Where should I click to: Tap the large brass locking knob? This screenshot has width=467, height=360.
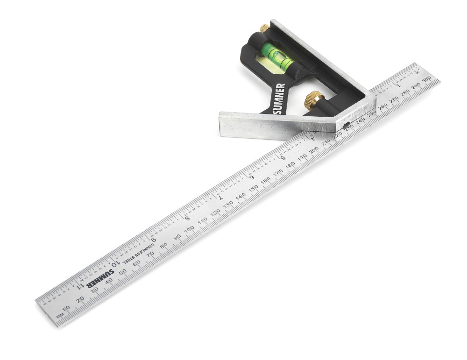313,99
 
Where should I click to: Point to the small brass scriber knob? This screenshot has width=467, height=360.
264,28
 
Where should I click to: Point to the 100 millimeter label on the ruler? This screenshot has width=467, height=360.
189,229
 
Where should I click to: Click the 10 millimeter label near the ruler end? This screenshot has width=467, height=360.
66,308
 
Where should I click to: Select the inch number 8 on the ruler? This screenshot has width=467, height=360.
187,218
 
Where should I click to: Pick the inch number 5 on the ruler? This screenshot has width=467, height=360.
283,157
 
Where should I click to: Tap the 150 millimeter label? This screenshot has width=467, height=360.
253,188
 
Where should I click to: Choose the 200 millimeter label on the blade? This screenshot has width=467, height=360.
314,149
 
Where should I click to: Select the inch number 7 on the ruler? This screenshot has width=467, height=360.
220,197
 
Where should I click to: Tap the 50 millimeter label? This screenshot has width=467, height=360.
122,272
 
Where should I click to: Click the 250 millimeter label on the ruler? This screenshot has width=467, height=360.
371,113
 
